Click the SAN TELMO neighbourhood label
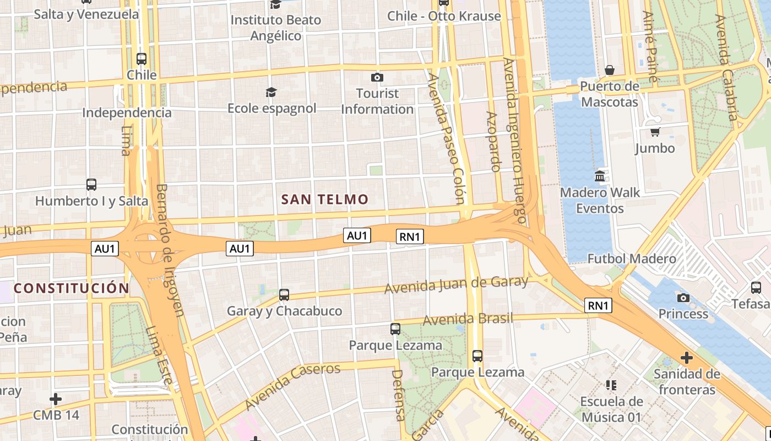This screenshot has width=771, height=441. pos(324,200)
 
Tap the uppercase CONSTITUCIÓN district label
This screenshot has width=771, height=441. pos(72,288)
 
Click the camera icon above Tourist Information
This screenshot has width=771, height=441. pos(377,77)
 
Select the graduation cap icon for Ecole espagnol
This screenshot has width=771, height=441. pos(271,92)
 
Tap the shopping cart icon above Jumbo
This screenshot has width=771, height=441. pos(655,132)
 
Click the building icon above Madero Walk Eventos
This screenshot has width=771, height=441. pos(600,176)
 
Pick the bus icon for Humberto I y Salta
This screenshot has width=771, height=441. pos(91,185)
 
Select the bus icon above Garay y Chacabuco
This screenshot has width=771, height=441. pos(284,295)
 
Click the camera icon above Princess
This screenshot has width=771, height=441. pos(683,298)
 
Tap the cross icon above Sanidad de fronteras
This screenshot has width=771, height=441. pos(686,358)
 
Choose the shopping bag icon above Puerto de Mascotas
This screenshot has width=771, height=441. pos(610,70)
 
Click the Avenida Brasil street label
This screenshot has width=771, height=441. pos(468,319)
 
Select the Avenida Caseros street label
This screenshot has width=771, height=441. pos(292,386)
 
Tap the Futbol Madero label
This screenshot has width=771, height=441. pos(632,259)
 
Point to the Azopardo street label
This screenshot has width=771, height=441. pos(493,142)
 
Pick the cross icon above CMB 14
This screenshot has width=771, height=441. pos(56,399)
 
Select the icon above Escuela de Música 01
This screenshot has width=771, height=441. pos(611,385)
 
